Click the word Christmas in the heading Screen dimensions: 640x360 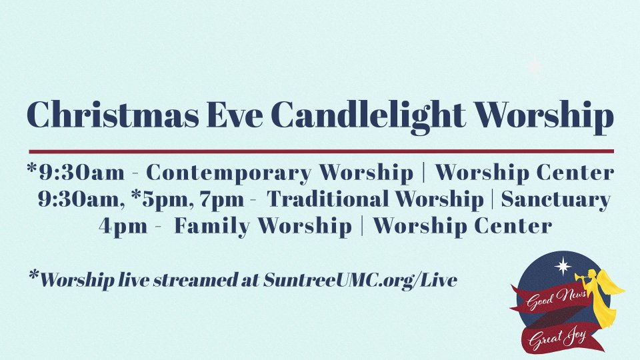[113, 115]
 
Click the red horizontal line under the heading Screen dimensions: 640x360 [321, 151]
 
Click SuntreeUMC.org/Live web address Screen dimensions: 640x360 [360, 281]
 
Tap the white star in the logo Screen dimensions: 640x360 [564, 266]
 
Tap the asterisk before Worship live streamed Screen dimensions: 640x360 [34, 275]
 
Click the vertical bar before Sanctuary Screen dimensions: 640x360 [493, 199]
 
